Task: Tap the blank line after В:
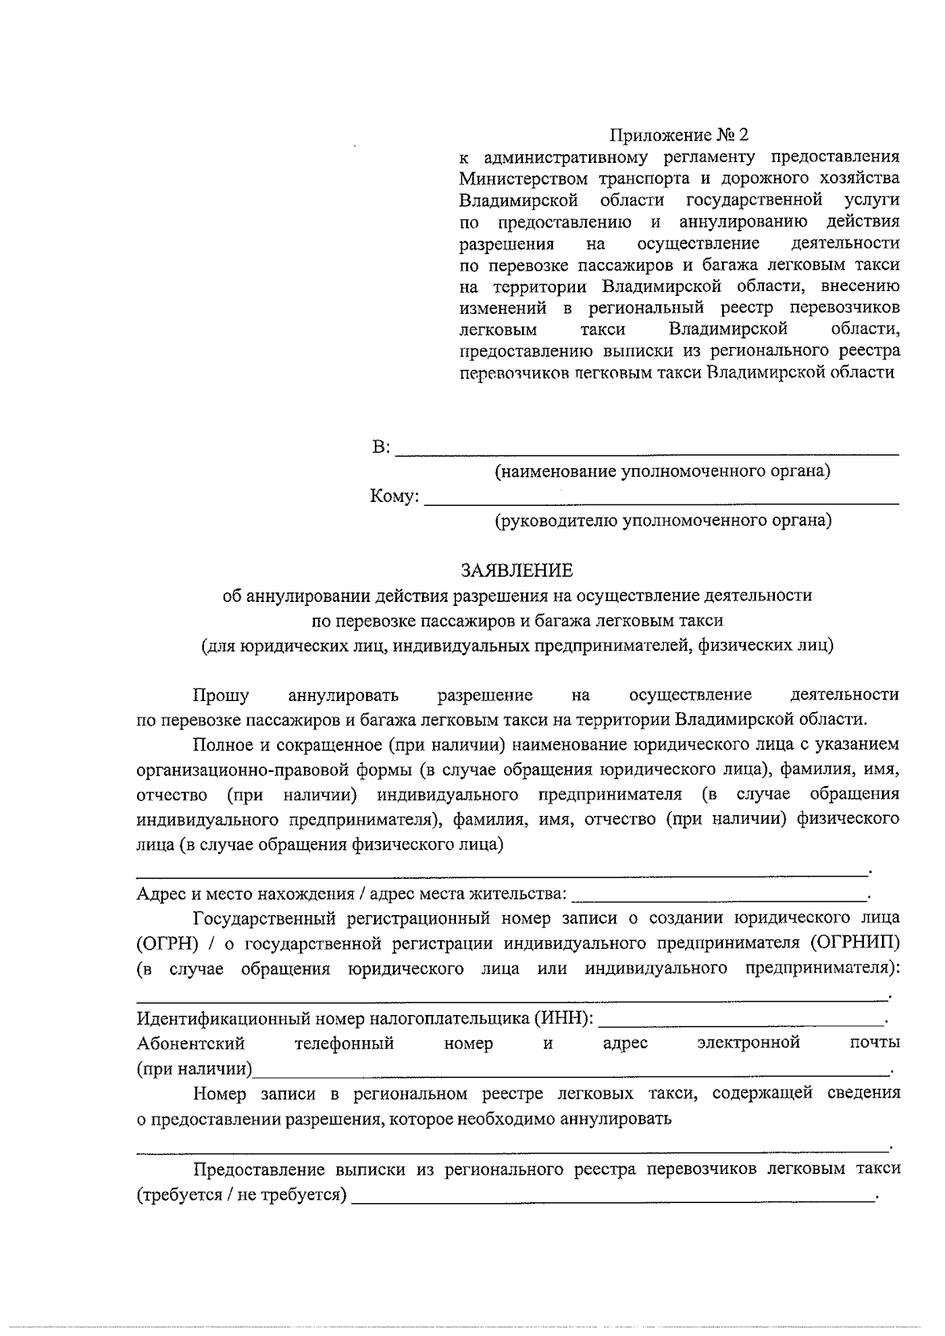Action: click(646, 450)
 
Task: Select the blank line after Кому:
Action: click(661, 499)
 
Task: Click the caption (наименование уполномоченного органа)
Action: click(662, 472)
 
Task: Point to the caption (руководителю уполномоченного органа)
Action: click(663, 521)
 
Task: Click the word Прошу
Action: click(221, 696)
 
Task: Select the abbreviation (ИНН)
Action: click(562, 1019)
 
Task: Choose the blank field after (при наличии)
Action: click(570, 1070)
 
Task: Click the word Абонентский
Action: click(191, 1044)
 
